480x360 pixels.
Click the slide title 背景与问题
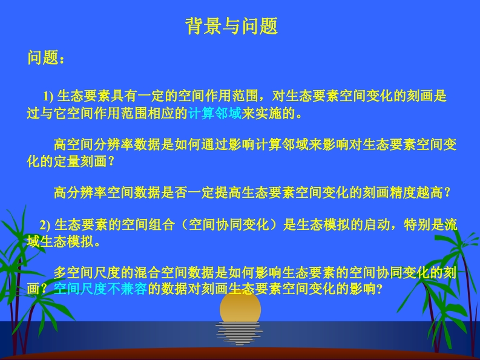pyautogui.click(x=232, y=26)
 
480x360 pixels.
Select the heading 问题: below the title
pyautogui.click(x=46, y=57)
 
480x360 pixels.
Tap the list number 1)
pyautogui.click(x=48, y=96)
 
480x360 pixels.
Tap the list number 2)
pyautogui.click(x=45, y=225)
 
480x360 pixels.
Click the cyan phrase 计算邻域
pyautogui.click(x=215, y=113)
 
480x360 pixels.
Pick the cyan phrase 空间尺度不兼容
pyautogui.click(x=100, y=289)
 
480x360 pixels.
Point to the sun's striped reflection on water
pyautogui.click(x=239, y=333)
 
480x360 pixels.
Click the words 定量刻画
pyautogui.click(x=81, y=161)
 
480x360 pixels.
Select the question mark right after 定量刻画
pyautogui.click(x=111, y=162)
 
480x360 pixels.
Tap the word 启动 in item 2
pyautogui.click(x=376, y=224)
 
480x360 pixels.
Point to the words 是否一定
pyautogui.click(x=188, y=192)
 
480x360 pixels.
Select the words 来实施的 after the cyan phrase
pyautogui.click(x=268, y=113)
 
